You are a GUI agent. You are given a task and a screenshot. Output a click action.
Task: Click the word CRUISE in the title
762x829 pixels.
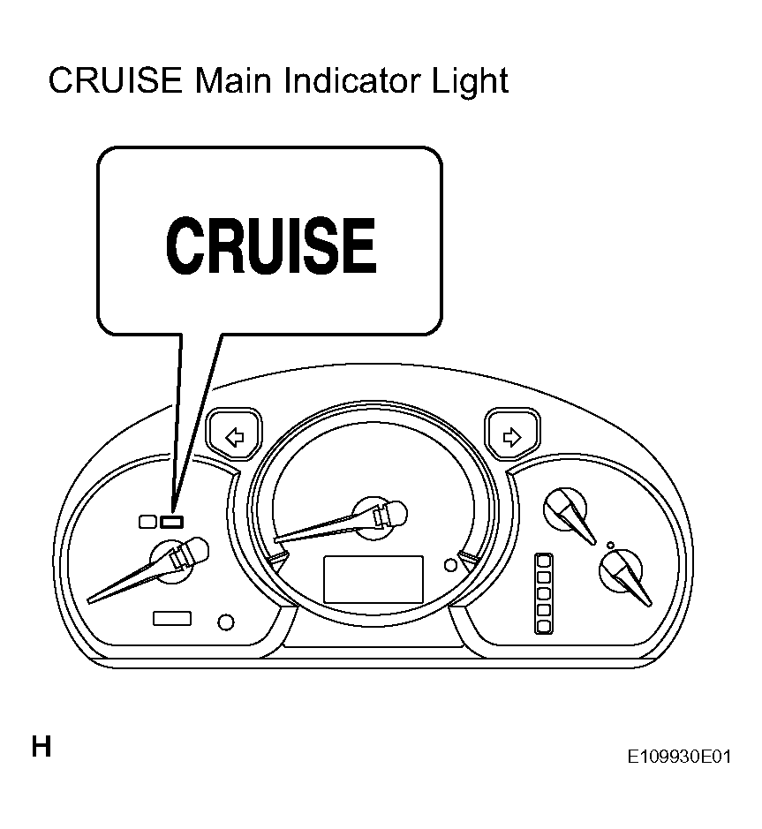click(116, 81)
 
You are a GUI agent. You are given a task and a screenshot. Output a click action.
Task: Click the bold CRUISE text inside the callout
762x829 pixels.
click(271, 245)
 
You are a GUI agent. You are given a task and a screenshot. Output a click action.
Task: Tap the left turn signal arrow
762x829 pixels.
click(235, 438)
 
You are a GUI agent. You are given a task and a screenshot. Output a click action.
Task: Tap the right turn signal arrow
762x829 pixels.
click(512, 437)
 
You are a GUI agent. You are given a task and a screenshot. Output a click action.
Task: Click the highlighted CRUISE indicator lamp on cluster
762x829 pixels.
click(172, 522)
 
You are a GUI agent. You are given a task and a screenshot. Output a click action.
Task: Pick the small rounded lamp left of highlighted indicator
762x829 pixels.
click(147, 522)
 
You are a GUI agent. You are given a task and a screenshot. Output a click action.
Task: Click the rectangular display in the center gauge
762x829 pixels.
click(373, 579)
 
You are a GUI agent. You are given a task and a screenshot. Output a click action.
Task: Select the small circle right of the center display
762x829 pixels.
click(450, 565)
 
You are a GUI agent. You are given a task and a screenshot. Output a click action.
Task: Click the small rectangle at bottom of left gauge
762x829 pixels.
click(172, 618)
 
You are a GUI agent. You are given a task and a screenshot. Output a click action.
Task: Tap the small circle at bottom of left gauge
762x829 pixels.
click(226, 622)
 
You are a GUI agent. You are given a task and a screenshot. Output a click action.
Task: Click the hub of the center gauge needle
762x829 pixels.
click(374, 518)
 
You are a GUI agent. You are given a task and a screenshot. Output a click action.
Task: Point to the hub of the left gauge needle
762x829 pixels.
click(171, 562)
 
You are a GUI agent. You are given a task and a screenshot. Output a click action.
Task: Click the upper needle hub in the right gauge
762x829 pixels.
click(565, 509)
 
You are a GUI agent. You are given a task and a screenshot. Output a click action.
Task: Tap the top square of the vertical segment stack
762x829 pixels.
click(544, 561)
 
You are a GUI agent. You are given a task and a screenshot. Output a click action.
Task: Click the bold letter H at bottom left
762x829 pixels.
click(41, 747)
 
